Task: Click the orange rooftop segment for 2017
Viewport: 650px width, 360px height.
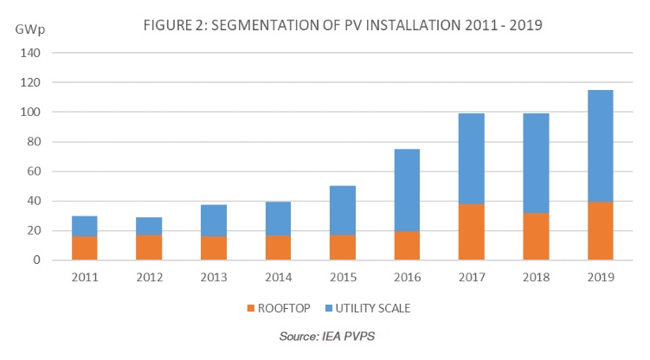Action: click(x=472, y=232)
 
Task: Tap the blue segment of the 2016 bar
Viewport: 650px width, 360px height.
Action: click(x=407, y=190)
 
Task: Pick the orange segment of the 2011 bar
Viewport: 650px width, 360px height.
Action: click(x=84, y=247)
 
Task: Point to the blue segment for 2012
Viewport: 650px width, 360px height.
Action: click(x=149, y=226)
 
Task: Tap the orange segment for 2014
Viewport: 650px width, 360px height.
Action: click(x=278, y=247)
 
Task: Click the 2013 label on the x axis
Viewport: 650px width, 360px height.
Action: click(x=214, y=277)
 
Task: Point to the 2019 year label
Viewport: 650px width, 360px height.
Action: click(x=600, y=277)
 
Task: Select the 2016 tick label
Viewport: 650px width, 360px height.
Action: click(x=407, y=277)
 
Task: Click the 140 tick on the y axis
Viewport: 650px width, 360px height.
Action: click(x=29, y=53)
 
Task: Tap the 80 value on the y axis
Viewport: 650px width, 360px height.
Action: click(x=33, y=142)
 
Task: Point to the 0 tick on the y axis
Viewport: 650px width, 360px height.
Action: click(x=36, y=260)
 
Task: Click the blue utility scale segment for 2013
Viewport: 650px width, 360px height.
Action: click(x=214, y=221)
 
